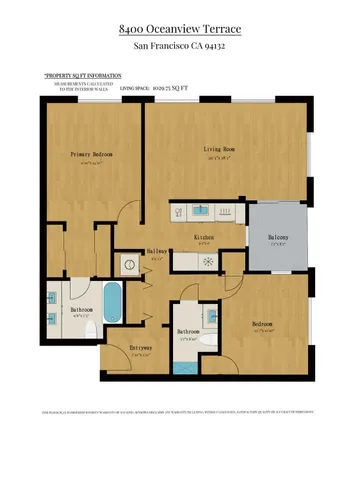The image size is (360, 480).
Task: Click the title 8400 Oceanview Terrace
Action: click(x=180, y=32)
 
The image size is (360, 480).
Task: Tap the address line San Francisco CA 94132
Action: click(x=180, y=47)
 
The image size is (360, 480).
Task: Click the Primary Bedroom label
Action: click(x=91, y=155)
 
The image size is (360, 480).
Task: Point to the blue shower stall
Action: click(x=184, y=366)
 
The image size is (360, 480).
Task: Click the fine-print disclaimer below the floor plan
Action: click(x=180, y=412)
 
